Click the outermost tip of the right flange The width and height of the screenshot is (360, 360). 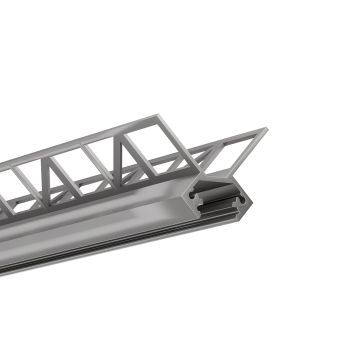pyautogui.click(x=266, y=129)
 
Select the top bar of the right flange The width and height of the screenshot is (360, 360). pyautogui.click(x=225, y=136)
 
